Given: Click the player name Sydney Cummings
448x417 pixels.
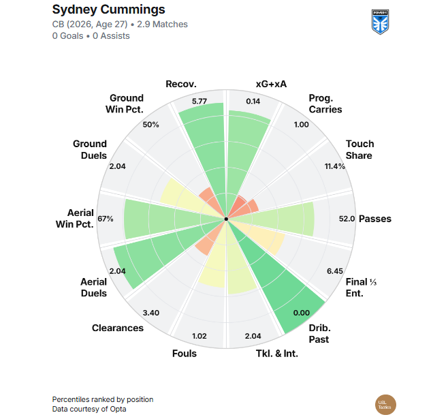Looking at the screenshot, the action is pos(108,10).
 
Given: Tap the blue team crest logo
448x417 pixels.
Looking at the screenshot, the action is pos(381,22).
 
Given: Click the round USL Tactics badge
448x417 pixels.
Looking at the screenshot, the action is pos(385,405).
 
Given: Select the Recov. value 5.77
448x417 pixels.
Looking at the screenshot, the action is pos(199,102).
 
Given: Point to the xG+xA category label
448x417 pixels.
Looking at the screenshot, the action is pos(271,84).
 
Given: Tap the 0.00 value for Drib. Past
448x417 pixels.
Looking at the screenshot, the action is pos(302,313).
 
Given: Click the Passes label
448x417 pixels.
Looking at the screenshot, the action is pos(375,219).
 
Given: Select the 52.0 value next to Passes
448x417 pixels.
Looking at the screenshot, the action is pos(347,219).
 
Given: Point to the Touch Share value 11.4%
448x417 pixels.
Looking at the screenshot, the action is pos(334,166).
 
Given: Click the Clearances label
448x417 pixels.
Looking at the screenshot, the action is pos(118,328).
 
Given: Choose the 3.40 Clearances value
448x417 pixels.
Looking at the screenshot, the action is pos(151,313).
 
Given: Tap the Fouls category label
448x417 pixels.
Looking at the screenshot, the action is pos(185,354).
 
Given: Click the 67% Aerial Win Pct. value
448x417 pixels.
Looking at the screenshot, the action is pos(106,219).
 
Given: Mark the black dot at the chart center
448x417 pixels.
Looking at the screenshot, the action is pos(226,219).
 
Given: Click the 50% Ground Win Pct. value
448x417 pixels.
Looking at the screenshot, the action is pos(151,125).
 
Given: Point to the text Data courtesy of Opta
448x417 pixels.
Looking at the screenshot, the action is pos(89,409).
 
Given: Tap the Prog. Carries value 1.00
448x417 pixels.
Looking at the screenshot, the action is pos(302,125).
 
